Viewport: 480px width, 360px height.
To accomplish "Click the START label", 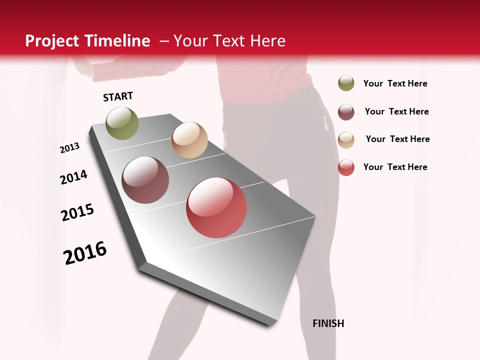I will pos(118,96).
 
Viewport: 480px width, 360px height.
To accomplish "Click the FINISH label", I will pos(328,323).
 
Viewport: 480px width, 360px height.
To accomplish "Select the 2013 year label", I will pos(69,148).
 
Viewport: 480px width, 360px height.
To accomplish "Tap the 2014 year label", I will pos(73,177).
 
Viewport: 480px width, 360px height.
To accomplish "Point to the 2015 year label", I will pos(77,212).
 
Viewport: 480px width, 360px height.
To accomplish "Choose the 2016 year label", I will pos(85,253).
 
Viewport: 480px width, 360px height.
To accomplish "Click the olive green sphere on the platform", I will pos(122,123).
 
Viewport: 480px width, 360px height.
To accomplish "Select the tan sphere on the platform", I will pos(189,140).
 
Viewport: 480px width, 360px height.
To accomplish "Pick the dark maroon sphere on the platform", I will pos(145,180).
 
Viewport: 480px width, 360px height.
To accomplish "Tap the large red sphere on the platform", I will pos(216,207).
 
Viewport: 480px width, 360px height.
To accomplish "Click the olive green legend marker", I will pos(346,83).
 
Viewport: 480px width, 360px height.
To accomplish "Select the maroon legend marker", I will pos(346,112).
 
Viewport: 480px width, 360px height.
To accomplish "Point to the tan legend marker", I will pos(346,139).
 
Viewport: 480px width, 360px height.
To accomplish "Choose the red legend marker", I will pos(346,167).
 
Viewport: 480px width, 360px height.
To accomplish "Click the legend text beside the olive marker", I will pos(395,84).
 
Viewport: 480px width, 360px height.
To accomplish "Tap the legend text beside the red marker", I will pos(395,167).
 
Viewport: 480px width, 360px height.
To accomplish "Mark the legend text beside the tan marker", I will pos(397,139).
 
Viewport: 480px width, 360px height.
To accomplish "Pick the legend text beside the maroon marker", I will pos(396,111).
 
